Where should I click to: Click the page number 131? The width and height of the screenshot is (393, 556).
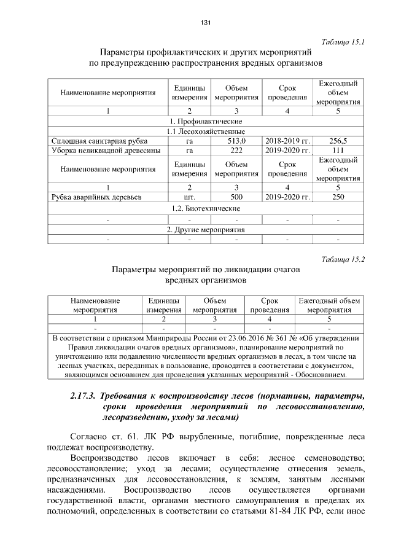pos(206,23)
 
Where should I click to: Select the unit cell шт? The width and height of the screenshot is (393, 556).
pos(190,197)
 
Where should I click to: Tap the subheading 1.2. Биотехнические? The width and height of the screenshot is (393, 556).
pos(206,208)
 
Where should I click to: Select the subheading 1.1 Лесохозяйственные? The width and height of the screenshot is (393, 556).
pos(206,131)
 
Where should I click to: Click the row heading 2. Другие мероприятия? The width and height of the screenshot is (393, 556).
pos(206,229)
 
